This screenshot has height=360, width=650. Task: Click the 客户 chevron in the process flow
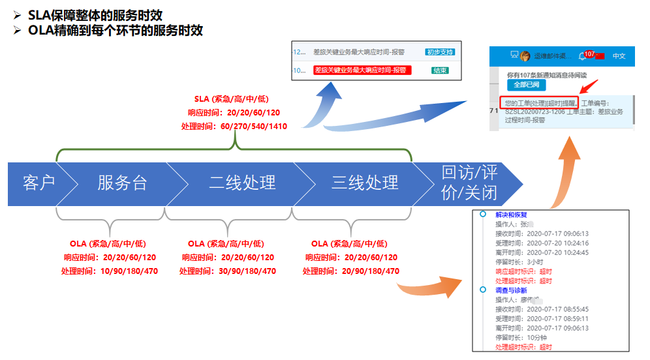click(x=39, y=183)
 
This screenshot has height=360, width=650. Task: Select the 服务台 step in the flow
click(x=122, y=183)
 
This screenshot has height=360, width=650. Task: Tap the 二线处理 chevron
click(x=242, y=183)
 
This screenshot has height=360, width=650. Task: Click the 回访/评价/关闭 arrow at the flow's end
click(x=469, y=183)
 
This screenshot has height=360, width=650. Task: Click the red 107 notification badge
click(x=589, y=54)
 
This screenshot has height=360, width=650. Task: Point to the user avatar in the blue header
click(x=525, y=56)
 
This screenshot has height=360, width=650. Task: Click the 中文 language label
click(x=619, y=56)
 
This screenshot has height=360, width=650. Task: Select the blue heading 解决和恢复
click(x=511, y=215)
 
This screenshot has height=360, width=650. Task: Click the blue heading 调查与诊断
click(x=511, y=290)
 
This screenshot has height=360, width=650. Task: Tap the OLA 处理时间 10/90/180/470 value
click(x=109, y=271)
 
